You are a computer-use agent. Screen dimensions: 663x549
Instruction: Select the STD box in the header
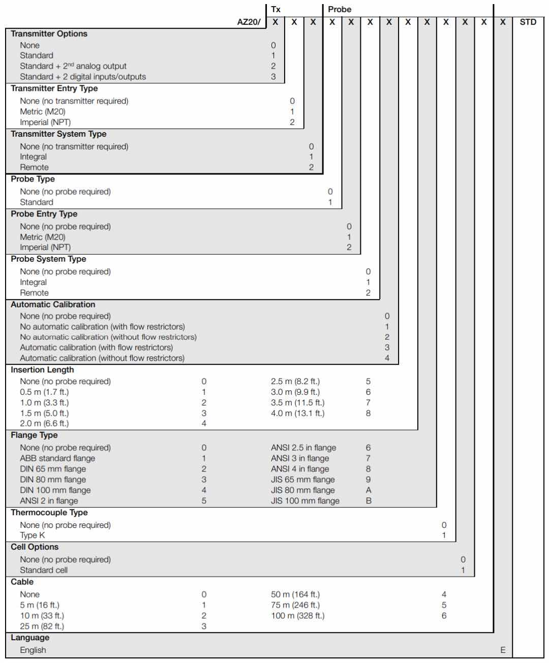(x=528, y=22)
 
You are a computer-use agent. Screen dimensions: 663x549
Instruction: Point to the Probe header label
(x=340, y=9)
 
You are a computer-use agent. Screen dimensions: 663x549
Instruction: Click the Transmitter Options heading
(x=49, y=34)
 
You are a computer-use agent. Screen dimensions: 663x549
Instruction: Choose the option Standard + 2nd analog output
(x=73, y=66)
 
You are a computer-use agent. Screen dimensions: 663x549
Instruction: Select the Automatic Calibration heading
(x=53, y=305)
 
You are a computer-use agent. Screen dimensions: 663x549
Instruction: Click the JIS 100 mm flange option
(x=305, y=501)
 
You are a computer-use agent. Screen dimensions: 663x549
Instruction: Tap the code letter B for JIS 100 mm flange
(x=369, y=501)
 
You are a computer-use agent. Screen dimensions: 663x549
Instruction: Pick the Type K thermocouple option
(x=28, y=535)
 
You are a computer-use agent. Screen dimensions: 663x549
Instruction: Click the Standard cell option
(x=44, y=570)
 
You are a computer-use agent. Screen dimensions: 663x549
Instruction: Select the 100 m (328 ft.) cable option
(x=297, y=616)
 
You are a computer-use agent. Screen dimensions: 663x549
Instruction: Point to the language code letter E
(x=503, y=650)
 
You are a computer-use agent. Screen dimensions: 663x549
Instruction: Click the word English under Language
(x=33, y=650)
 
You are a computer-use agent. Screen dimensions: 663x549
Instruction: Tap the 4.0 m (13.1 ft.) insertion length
(x=297, y=413)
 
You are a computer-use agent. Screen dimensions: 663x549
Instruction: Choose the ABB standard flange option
(x=57, y=458)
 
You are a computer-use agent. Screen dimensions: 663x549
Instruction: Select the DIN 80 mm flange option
(x=53, y=480)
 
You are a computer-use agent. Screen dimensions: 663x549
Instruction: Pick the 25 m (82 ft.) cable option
(x=42, y=626)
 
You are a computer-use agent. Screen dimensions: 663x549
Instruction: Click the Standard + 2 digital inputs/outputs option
(x=83, y=77)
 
